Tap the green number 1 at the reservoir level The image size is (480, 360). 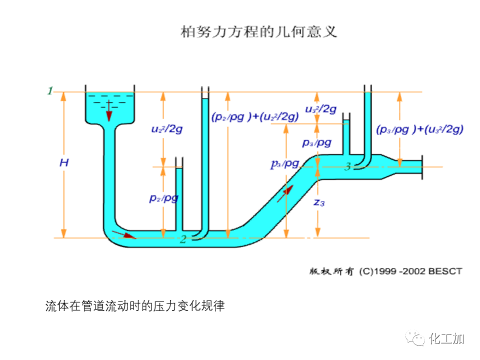pyautogui.click(x=50, y=90)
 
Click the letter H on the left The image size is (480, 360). pyautogui.click(x=63, y=162)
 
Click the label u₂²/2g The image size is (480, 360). pyautogui.click(x=166, y=128)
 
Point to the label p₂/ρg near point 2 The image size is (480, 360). pyautogui.click(x=163, y=197)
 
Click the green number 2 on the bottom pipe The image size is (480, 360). pyautogui.click(x=183, y=239)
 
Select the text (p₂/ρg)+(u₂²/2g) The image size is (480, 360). pyautogui.click(x=255, y=116)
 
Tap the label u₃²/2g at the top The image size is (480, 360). pyautogui.click(x=320, y=108)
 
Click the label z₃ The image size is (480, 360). pyautogui.click(x=319, y=202)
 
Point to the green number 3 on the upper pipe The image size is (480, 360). pyautogui.click(x=347, y=166)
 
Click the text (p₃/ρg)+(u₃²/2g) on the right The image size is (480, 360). pyautogui.click(x=419, y=129)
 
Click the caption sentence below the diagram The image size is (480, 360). pyautogui.click(x=135, y=305)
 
